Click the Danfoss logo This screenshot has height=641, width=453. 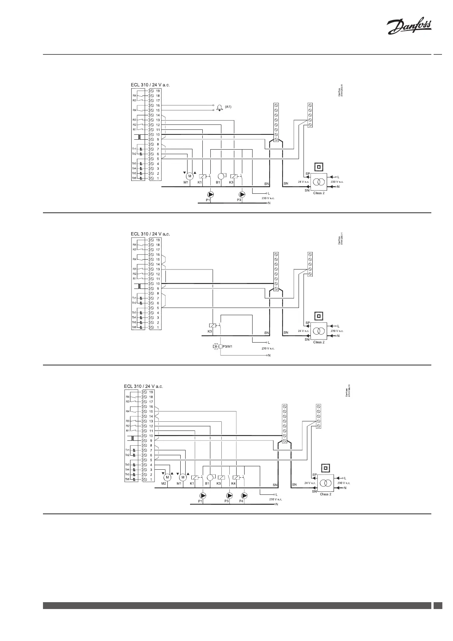[x=409, y=28]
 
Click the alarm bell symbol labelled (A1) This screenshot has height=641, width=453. [x=219, y=108]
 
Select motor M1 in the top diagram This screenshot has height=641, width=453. [x=189, y=176]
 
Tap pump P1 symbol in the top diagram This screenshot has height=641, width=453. [x=210, y=195]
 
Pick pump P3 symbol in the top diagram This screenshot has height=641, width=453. [x=242, y=195]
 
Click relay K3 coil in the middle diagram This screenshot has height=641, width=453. [x=212, y=325]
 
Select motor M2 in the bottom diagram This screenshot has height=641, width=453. [x=167, y=477]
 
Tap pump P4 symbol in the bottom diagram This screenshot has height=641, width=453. [x=244, y=496]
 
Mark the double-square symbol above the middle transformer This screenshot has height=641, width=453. [x=319, y=316]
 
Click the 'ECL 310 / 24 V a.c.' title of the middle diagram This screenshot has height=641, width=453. [x=150, y=234]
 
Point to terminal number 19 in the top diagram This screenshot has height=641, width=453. [x=158, y=91]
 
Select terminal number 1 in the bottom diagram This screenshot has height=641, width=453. [x=151, y=480]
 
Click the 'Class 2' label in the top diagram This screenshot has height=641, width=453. [x=319, y=193]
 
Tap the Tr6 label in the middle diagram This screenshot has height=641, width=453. [x=134, y=327]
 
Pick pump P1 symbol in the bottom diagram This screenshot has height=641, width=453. [x=203, y=496]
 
